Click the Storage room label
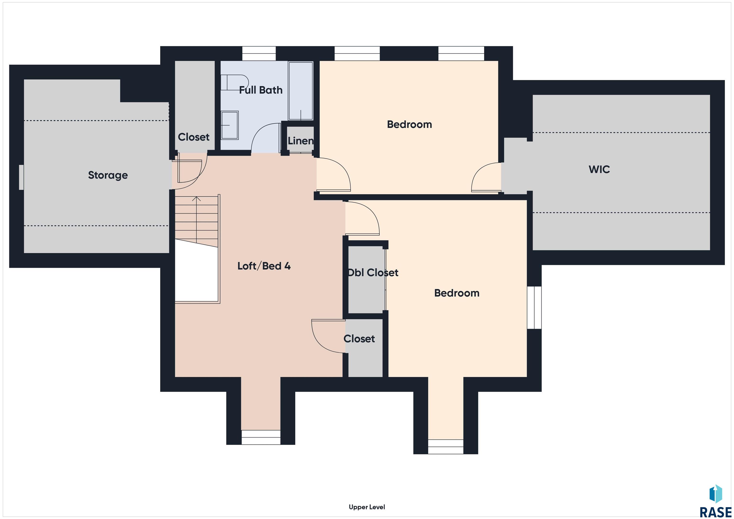point(108,175)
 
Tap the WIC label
point(599,169)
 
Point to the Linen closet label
point(301,141)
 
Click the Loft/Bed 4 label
point(264,266)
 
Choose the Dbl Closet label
point(373,273)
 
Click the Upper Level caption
point(367,507)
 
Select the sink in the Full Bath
point(230,125)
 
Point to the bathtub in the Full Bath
point(301,91)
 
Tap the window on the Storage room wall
point(21,177)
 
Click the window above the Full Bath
point(259,53)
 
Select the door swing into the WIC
point(486,177)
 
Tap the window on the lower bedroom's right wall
point(534,307)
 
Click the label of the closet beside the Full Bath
point(194,137)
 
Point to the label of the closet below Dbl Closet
point(359,339)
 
